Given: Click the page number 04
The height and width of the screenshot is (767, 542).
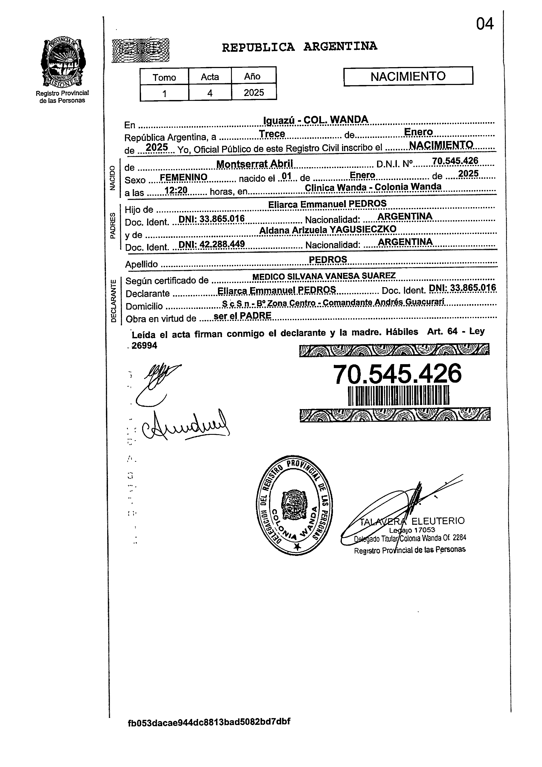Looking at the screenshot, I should click(485, 24).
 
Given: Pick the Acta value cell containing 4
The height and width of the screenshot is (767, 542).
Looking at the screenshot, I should click(210, 93).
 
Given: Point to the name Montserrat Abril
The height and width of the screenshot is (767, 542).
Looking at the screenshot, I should click(254, 164).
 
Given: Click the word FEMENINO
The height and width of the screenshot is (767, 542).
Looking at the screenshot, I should click(184, 177).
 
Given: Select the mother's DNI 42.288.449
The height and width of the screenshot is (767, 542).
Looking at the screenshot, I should click(212, 244).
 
